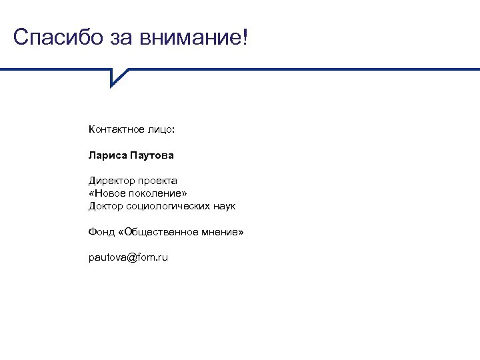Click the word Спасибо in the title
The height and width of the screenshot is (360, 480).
(x=57, y=37)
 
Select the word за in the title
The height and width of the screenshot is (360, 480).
(x=121, y=37)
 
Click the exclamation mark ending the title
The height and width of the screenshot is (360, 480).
(x=243, y=37)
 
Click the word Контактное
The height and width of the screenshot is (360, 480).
(x=115, y=129)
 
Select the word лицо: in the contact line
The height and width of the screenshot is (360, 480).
(x=159, y=129)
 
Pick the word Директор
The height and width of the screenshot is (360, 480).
(x=111, y=181)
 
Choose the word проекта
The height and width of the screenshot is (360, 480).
(x=158, y=181)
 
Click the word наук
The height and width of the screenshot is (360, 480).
(x=225, y=206)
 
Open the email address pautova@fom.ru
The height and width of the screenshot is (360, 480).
(x=128, y=257)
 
